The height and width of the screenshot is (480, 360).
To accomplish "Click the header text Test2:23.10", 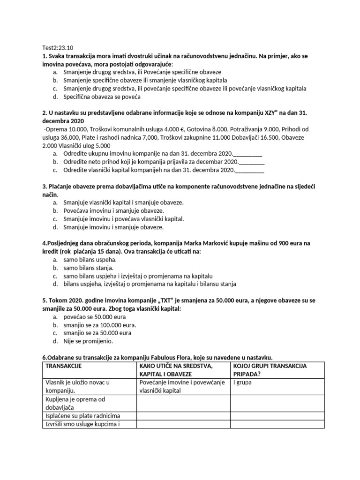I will tap(54, 47).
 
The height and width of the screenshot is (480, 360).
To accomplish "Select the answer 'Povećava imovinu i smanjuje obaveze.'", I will tap(113, 210).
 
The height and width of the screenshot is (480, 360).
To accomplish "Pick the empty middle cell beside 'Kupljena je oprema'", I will tap(183, 403).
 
